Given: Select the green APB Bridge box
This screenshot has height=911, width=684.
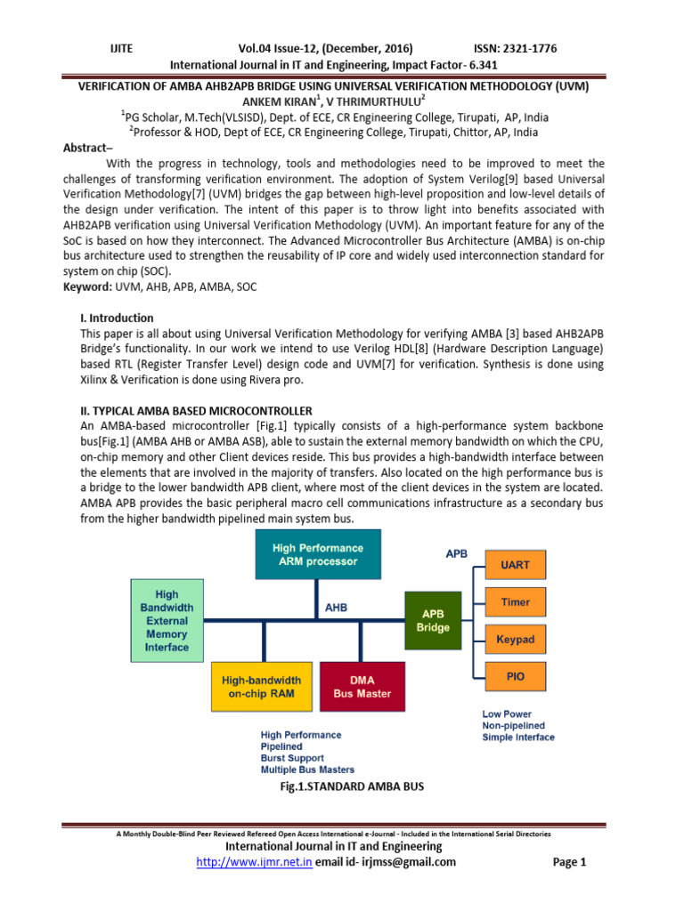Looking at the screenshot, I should (434, 620).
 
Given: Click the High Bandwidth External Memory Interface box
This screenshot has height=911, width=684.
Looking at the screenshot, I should (167, 620).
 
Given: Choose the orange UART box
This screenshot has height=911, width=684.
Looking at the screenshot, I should (515, 565).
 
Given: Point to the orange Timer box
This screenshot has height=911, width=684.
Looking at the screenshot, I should (515, 602).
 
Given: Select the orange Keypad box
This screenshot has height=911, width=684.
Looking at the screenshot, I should (515, 639).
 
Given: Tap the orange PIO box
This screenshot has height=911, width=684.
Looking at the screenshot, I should (515, 676).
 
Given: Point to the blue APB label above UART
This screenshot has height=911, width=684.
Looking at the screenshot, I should (456, 552).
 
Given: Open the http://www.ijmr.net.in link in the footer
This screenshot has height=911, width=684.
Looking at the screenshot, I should (254, 861).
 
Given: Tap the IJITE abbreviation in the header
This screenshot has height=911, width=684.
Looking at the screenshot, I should (118, 48).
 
